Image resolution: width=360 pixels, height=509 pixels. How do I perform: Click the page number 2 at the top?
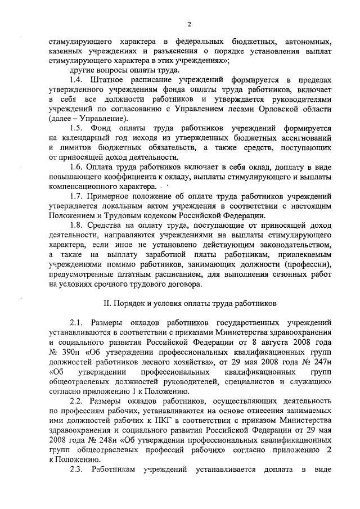click(x=189, y=24)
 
